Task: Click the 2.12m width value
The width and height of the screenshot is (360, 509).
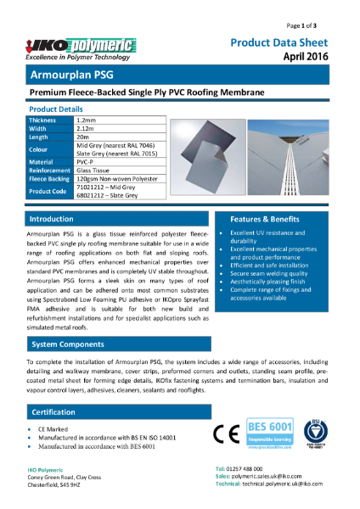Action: coord(86,130)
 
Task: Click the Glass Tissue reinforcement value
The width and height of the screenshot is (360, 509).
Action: coord(94,171)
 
